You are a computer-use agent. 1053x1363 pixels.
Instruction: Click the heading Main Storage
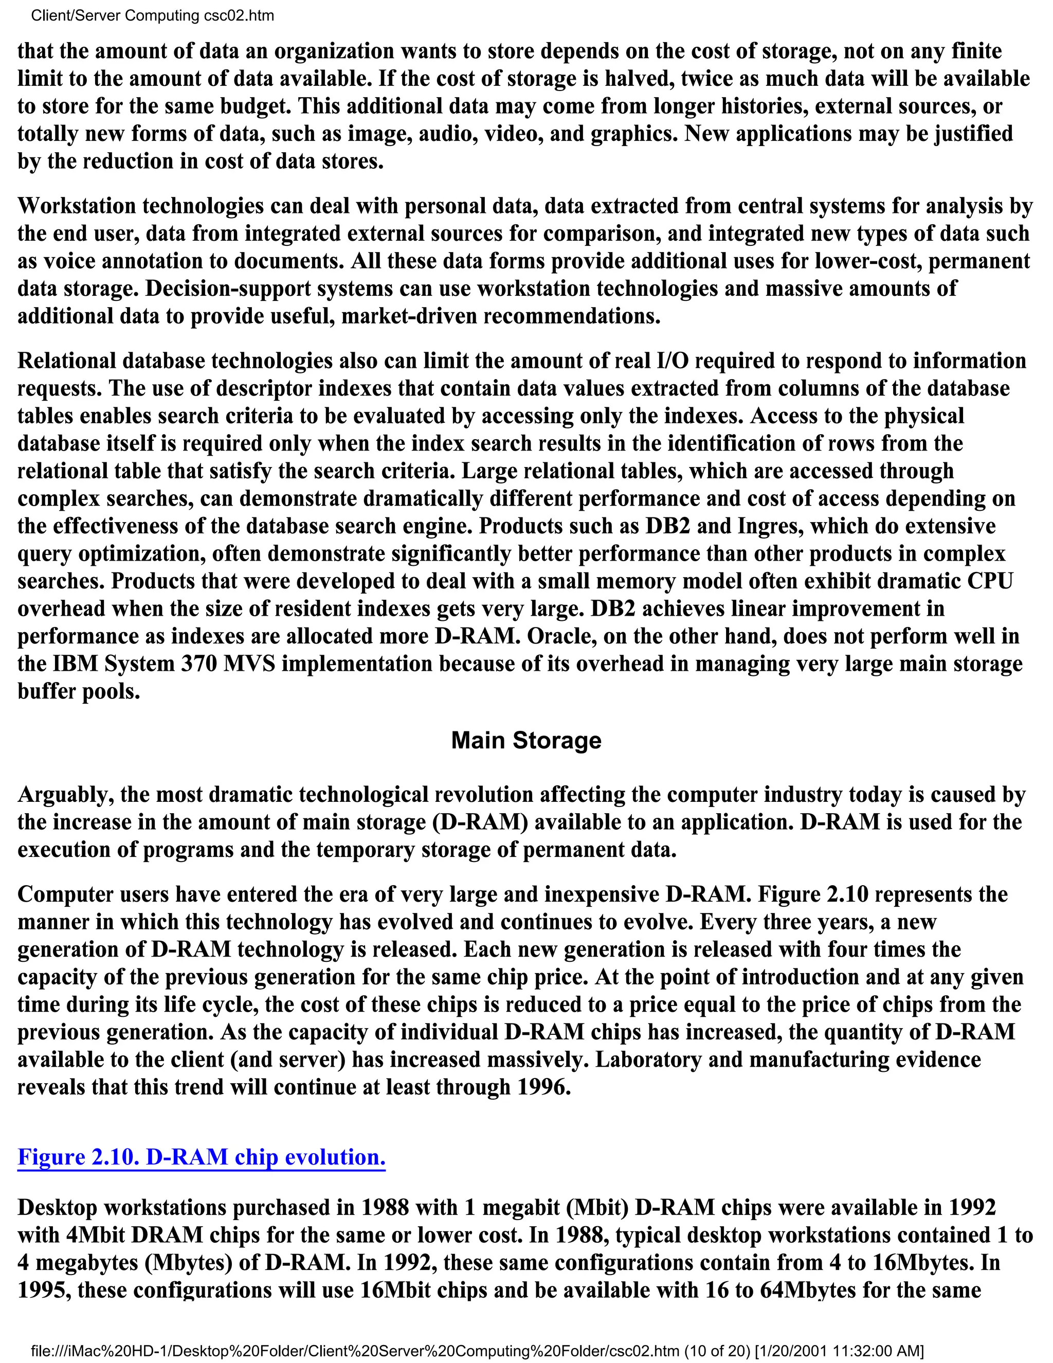point(526,741)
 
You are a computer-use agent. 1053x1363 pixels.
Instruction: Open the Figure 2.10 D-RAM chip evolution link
point(202,1157)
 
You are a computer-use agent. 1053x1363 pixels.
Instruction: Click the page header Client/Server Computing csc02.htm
point(152,15)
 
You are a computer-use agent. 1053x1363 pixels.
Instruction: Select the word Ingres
point(772,526)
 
